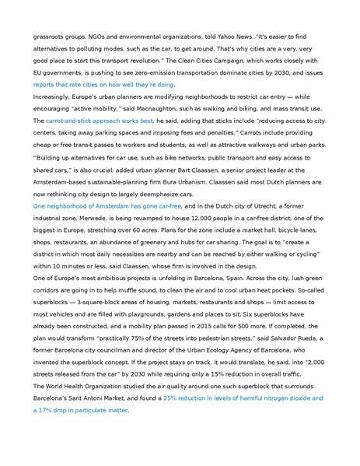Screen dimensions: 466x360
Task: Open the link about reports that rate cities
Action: tap(103, 84)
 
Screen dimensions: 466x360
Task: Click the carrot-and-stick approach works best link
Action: tap(100, 121)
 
